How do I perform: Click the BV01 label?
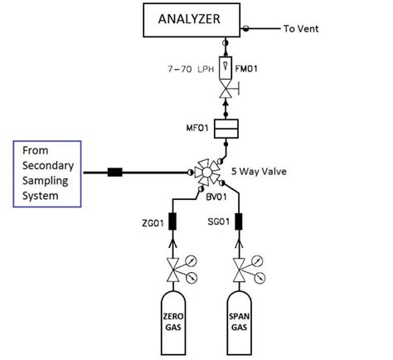click(218, 196)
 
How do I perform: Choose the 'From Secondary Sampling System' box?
click(48, 173)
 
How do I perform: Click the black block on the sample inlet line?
click(114, 173)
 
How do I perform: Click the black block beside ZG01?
click(175, 222)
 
